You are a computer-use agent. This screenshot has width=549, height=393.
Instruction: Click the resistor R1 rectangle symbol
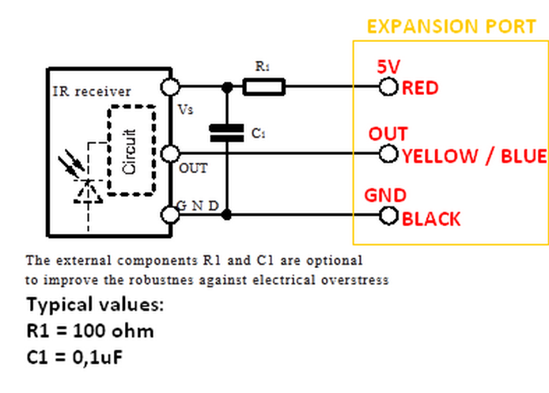263,86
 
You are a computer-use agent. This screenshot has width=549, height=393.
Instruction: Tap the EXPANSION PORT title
452,26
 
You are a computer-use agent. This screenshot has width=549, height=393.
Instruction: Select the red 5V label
387,70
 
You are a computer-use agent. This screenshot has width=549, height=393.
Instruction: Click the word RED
420,88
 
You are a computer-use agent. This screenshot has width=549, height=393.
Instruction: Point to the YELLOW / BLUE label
474,156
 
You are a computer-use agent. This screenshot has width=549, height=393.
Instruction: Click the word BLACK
431,219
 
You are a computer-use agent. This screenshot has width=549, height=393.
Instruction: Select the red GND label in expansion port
385,195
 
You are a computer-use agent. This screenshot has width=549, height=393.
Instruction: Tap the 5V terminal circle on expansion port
388,86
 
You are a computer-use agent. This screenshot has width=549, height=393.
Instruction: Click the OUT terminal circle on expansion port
388,153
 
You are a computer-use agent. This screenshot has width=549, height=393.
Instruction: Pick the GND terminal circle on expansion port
388,214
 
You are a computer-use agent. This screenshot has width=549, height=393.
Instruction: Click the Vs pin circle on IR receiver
168,86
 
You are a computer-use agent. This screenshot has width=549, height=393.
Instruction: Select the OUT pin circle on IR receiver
168,153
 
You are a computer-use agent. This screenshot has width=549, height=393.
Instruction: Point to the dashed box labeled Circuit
131,150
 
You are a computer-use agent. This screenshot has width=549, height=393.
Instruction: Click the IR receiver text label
86,92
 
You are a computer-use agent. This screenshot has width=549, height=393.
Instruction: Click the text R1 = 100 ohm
89,331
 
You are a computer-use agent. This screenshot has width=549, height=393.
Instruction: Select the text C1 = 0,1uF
78,357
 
